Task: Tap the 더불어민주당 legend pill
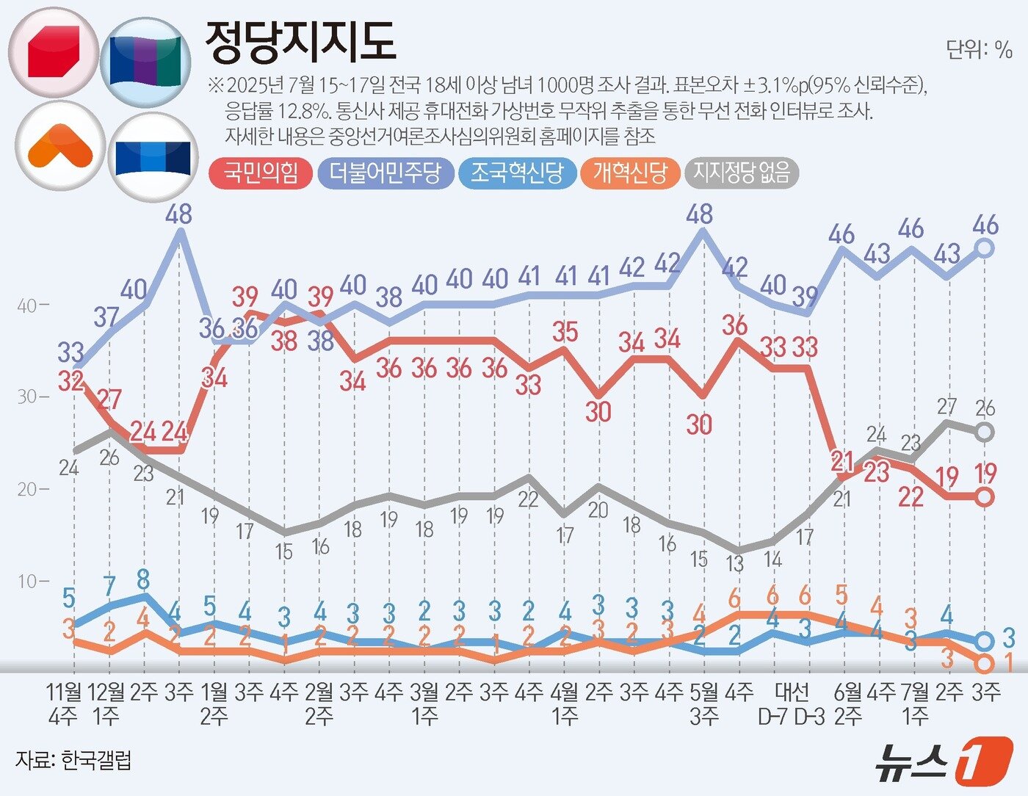[x=385, y=173]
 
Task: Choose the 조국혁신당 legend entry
[x=517, y=173]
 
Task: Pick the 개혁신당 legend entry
[x=630, y=173]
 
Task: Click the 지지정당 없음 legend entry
[x=742, y=173]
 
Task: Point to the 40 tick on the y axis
[x=29, y=305]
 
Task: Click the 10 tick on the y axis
[x=29, y=582]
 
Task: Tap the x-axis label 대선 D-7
[x=773, y=703]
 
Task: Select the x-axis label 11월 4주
[x=64, y=703]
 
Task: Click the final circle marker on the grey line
[x=985, y=433]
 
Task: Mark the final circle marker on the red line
[x=985, y=497]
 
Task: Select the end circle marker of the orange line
[x=985, y=664]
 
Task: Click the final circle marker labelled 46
[x=985, y=248]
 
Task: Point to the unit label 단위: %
[x=979, y=50]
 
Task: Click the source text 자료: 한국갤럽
[x=73, y=760]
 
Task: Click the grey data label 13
[x=734, y=564]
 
